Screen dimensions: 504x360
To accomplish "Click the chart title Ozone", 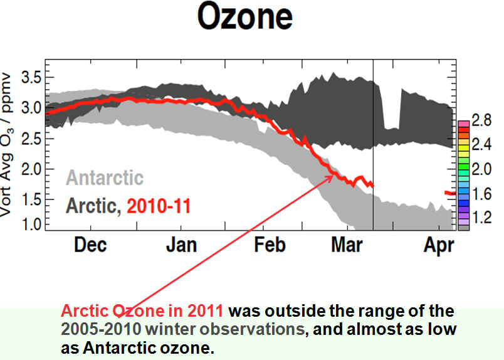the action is [245, 17].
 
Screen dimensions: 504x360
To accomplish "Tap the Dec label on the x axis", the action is [90, 245].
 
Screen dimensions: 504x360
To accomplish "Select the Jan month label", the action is [181, 245].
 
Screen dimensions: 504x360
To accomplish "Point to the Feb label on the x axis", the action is [270, 245].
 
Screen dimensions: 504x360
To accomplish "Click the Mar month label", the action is [347, 245].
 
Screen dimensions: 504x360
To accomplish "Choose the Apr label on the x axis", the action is [439, 246].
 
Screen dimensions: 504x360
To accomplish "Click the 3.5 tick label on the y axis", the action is [31, 77].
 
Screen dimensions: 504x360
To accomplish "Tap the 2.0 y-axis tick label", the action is [31, 169].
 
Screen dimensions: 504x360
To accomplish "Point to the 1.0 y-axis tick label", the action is [31, 225].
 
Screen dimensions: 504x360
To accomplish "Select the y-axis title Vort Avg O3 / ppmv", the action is [6, 145].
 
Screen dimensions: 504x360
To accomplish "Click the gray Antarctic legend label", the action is [105, 177].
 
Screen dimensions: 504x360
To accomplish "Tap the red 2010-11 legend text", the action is [159, 206].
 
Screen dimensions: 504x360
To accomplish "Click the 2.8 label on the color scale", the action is [481, 120].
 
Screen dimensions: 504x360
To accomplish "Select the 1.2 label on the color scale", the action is [481, 218].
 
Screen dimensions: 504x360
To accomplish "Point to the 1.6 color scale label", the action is [481, 194].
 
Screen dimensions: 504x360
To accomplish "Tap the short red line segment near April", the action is [450, 193].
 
